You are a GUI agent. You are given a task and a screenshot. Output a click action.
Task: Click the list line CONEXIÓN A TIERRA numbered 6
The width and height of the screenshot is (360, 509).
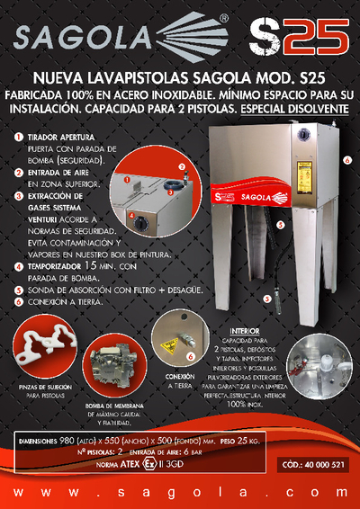pyautogui.click(x=64, y=302)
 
